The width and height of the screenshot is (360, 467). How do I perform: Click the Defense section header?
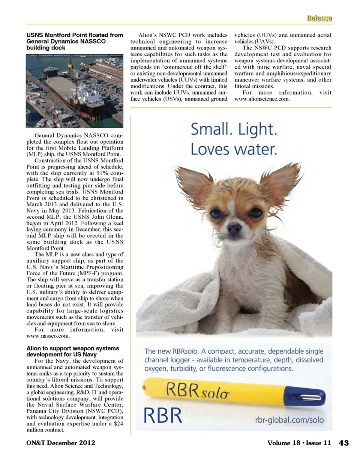319,18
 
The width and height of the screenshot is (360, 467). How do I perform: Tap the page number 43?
343,443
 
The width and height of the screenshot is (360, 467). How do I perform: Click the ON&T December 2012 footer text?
61,443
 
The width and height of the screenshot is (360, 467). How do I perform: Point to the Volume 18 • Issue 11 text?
299,443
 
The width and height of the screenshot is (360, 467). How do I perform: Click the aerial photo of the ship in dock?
75,91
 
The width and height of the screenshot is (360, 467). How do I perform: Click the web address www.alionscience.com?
262,99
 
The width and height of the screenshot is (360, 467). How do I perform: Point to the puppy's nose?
234,227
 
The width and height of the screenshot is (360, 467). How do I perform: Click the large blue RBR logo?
163,416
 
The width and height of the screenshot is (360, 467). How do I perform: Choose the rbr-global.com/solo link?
289,420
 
